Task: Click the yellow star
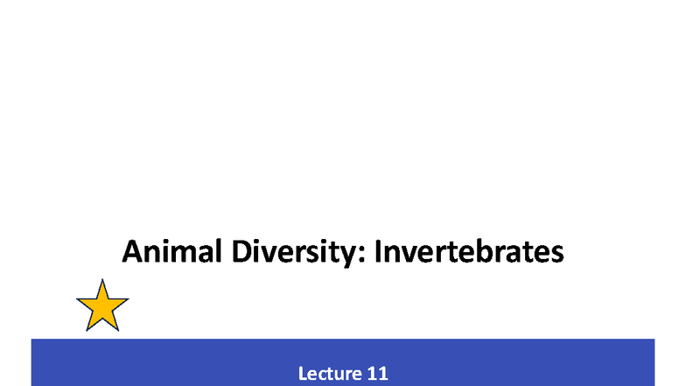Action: [102, 307]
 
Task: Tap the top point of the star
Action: [102, 281]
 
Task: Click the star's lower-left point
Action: [87, 330]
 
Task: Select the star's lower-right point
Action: [118, 330]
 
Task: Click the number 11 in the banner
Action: [377, 374]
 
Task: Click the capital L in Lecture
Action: [303, 374]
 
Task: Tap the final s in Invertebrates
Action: [556, 255]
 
